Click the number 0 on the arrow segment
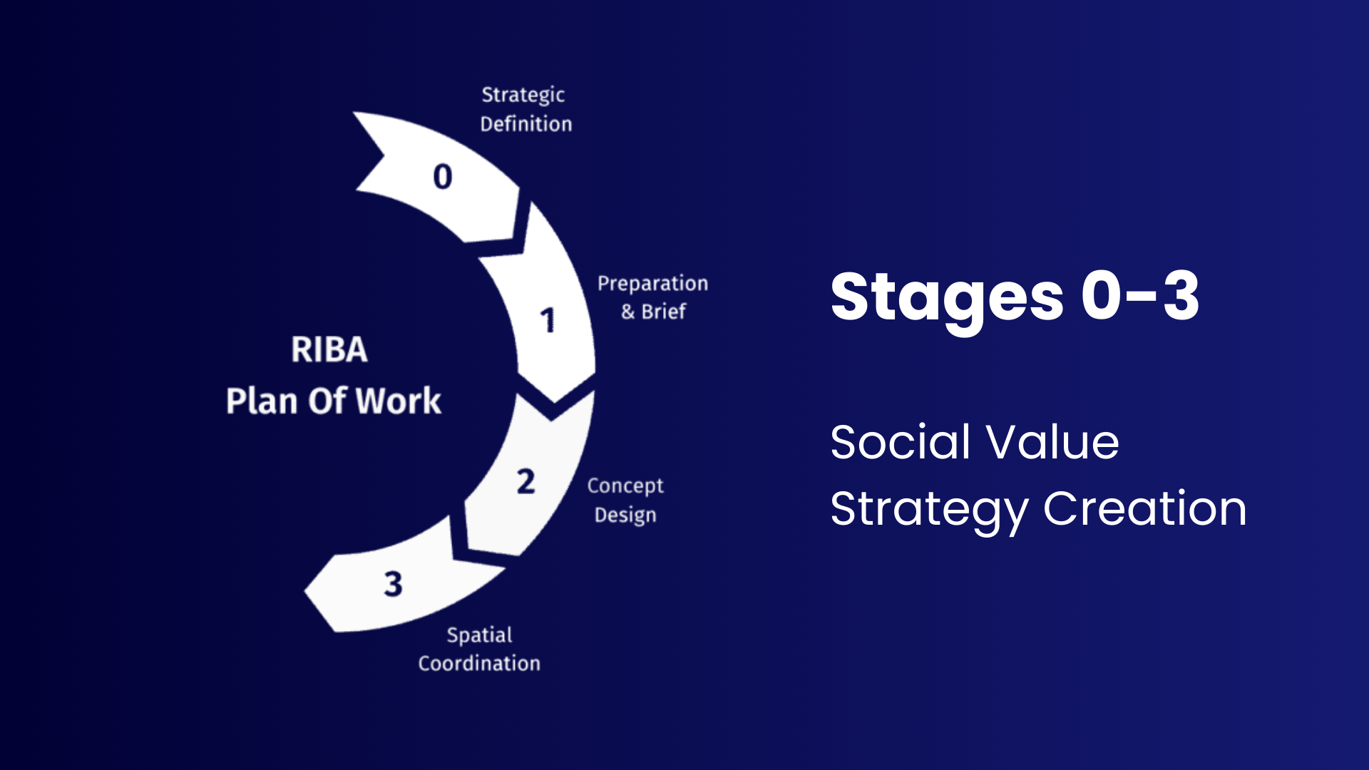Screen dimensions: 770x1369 click(x=443, y=177)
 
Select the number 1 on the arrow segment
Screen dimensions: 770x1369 click(x=548, y=320)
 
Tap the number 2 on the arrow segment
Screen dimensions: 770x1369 click(x=526, y=482)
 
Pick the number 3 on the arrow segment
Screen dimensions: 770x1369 click(x=393, y=584)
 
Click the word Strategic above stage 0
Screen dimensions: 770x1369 click(x=523, y=96)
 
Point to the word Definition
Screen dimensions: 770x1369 click(x=526, y=124)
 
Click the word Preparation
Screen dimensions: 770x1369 click(x=652, y=284)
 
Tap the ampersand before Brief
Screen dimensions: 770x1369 click(x=627, y=312)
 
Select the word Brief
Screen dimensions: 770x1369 click(x=663, y=312)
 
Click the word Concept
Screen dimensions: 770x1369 click(x=625, y=486)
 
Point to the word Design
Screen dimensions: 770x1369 click(x=625, y=515)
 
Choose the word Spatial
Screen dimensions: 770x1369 click(x=479, y=635)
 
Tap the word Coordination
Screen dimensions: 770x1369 click(x=479, y=664)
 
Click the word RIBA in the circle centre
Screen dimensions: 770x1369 click(x=329, y=349)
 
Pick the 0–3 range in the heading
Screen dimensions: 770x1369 click(x=1139, y=295)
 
